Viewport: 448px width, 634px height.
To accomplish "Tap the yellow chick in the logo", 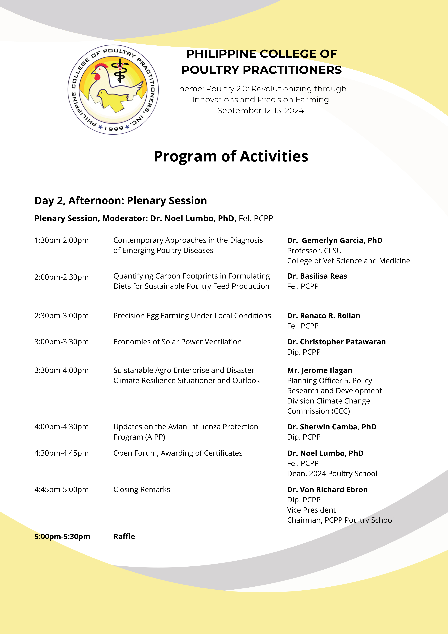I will [x=109, y=99].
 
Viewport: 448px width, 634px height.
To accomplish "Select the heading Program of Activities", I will [x=231, y=156].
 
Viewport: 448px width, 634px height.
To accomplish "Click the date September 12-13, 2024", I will [x=260, y=110].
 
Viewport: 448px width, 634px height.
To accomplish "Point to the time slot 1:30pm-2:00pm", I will [x=61, y=240].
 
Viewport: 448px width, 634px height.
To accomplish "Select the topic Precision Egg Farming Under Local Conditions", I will [x=192, y=316].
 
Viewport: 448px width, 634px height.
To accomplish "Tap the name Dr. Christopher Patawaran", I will [x=336, y=342].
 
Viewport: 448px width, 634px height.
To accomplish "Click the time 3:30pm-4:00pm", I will [x=61, y=370].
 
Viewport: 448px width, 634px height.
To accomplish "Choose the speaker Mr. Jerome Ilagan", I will [x=319, y=370].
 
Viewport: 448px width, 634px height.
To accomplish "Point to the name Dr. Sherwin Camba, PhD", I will [x=332, y=427].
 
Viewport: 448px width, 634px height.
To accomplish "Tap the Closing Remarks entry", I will [x=142, y=490].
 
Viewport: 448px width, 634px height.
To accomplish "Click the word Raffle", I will [x=124, y=536].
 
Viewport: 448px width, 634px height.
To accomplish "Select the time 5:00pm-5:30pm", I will [x=62, y=536].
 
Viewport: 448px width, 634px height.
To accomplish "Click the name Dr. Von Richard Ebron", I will [x=327, y=490].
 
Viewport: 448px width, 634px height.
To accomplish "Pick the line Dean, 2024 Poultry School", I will [x=332, y=474].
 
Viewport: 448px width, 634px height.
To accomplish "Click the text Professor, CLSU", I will [x=314, y=250].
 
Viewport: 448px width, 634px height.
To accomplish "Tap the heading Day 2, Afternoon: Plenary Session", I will [x=121, y=200].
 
